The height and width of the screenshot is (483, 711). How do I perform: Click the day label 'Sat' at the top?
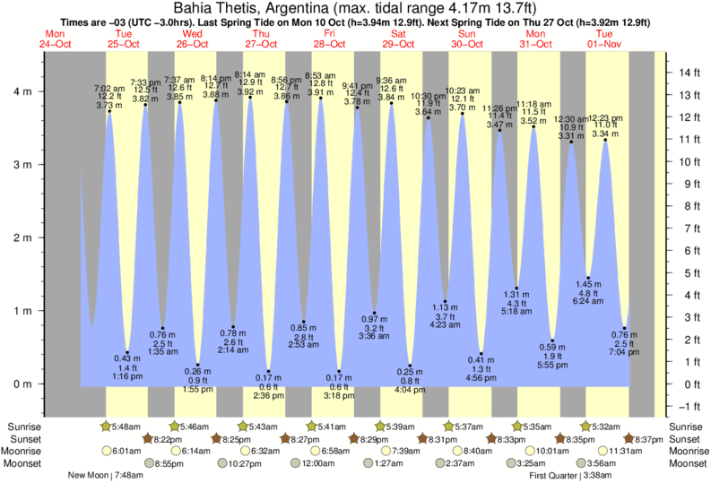pos(396,34)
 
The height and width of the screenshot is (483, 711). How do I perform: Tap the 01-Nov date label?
pos(604,44)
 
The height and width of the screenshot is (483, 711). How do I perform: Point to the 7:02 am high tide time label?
pos(109,88)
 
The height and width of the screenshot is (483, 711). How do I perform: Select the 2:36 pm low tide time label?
pos(269,395)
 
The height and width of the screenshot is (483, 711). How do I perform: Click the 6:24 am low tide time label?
pos(588,302)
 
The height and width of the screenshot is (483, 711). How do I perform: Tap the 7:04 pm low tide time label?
pos(625,352)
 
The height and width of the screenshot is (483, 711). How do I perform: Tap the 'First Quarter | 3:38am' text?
pos(570,476)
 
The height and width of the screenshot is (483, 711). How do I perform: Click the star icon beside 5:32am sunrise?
pos(585,426)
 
